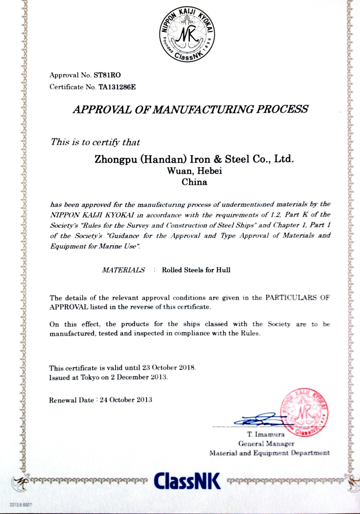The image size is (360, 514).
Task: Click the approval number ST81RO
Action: click(x=107, y=75)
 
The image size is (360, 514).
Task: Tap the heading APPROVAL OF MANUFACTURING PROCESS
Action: click(x=190, y=109)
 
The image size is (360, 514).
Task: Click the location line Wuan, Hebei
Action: click(x=195, y=171)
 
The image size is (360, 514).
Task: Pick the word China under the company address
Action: click(x=194, y=182)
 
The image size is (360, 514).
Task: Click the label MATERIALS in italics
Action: click(x=123, y=270)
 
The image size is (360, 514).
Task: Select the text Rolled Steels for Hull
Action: click(x=196, y=270)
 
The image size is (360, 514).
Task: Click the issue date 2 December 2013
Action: click(x=142, y=377)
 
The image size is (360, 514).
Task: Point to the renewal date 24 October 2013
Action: click(x=126, y=400)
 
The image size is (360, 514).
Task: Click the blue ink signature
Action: click(x=258, y=420)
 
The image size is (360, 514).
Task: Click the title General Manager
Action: click(x=266, y=444)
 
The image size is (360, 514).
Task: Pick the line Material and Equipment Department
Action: click(x=269, y=453)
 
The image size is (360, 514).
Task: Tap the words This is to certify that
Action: click(x=95, y=142)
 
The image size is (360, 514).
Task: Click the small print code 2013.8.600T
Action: click(x=20, y=504)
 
